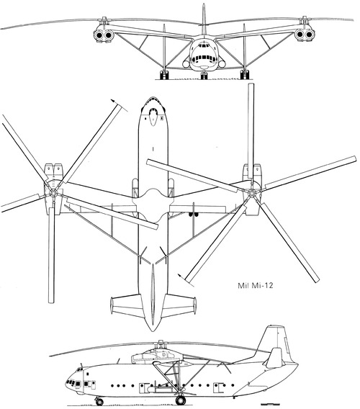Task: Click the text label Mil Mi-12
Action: tap(256, 285)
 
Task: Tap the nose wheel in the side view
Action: tap(99, 401)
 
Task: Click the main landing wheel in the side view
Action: tap(181, 400)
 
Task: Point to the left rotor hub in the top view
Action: tap(53, 193)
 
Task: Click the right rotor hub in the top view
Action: tap(251, 193)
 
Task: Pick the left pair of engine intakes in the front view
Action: tap(104, 35)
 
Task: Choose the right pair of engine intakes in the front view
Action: tap(305, 34)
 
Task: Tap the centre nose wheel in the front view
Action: tap(204, 76)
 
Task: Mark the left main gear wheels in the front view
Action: tap(164, 75)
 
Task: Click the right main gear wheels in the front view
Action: tap(244, 75)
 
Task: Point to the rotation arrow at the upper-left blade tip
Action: tap(119, 105)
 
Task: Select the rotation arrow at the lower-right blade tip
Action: tap(186, 280)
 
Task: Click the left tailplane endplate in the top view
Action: tap(112, 305)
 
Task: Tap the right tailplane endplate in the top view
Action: tap(194, 305)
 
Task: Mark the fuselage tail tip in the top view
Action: tap(153, 331)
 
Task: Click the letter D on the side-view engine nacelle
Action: tap(164, 355)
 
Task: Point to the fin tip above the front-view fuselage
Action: tap(204, 5)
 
